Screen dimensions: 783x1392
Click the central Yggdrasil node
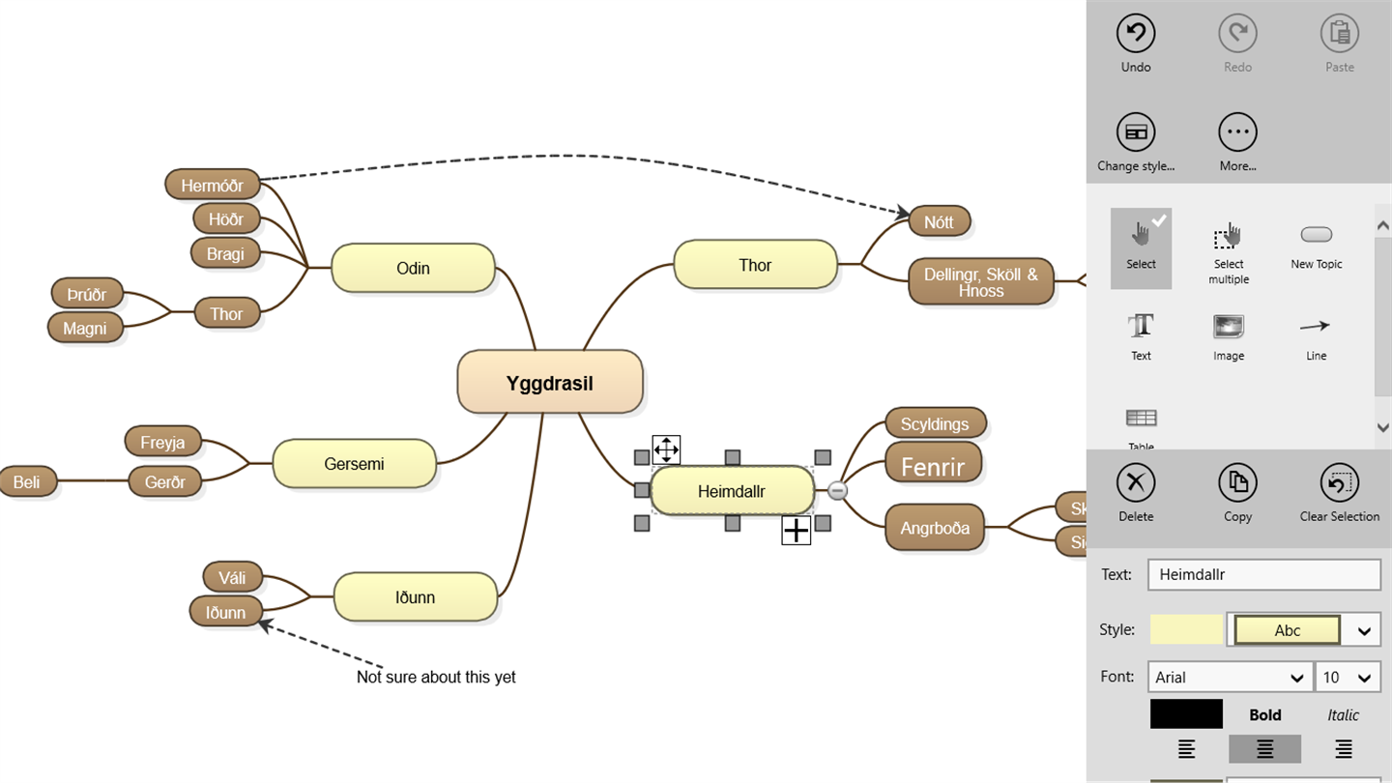(x=549, y=383)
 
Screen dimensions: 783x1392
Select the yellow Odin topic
(x=413, y=268)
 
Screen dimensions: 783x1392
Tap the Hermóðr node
(x=212, y=185)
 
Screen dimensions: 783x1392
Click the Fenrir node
(x=933, y=467)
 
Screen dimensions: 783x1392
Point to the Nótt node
(x=939, y=222)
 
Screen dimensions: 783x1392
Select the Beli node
(x=27, y=481)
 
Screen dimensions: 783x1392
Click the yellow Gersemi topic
(x=354, y=464)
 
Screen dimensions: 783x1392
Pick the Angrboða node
(x=935, y=528)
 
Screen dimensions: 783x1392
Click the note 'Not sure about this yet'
(x=436, y=677)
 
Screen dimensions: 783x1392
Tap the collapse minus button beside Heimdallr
(x=838, y=491)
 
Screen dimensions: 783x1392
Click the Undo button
(x=1136, y=43)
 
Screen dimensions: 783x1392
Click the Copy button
(x=1237, y=492)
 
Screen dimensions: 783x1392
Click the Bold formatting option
(x=1264, y=715)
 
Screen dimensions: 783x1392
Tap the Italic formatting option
(x=1343, y=715)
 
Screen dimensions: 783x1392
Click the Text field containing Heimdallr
(x=1263, y=574)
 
